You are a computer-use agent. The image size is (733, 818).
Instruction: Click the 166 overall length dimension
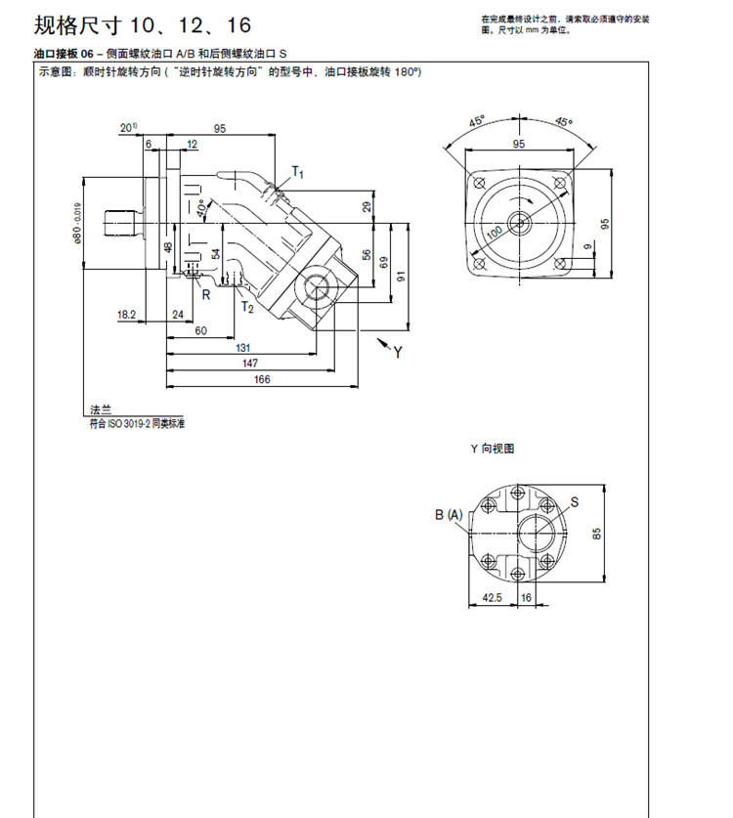pos(262,379)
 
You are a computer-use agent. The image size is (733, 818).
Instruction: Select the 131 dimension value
pos(242,349)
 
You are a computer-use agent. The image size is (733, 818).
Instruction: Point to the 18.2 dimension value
pos(126,314)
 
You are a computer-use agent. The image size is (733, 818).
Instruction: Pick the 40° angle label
pos(201,208)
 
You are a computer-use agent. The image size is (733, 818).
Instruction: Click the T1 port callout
pos(300,173)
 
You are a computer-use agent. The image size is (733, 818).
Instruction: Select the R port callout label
pos(206,293)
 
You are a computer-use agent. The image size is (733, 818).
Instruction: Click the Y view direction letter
pos(398,353)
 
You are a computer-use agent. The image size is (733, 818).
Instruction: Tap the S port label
pos(575,501)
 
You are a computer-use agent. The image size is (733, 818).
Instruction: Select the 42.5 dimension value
pos(492,598)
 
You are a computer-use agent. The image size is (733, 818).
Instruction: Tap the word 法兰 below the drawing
pos(101,411)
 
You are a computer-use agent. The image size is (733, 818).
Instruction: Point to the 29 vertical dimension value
pos(366,206)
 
